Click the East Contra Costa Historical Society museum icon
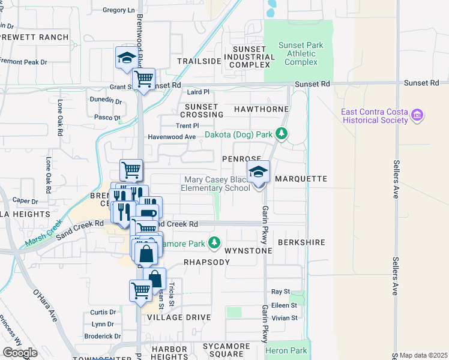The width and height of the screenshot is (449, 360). click(418, 115)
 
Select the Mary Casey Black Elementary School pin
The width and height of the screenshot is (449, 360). click(259, 173)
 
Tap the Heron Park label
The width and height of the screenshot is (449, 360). click(290, 350)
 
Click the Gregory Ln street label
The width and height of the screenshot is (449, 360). click(119, 10)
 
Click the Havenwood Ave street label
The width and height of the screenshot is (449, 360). click(173, 137)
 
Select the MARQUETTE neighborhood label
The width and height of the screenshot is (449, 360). click(301, 179)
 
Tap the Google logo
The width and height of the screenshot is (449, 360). click(20, 353)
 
